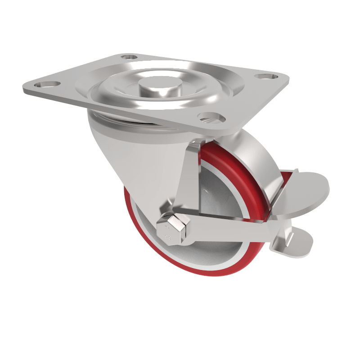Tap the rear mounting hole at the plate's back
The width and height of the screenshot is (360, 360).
tap(130, 58)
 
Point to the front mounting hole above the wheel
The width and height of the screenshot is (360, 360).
tap(212, 118)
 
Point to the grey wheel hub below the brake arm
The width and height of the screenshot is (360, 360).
tap(220, 252)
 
